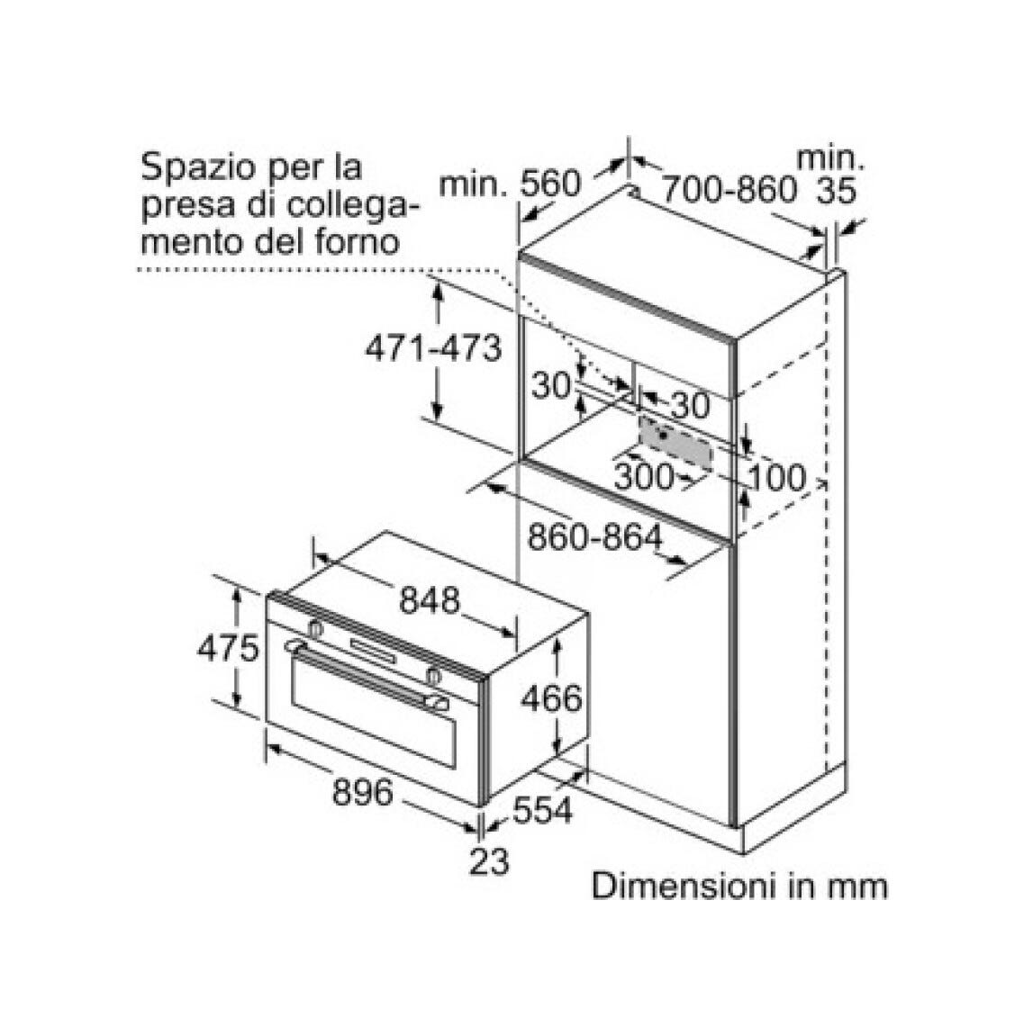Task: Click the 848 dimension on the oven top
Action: pos(430,600)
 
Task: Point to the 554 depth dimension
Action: pos(542,810)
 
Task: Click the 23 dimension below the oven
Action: pos(490,861)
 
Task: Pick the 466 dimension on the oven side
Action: pos(552,698)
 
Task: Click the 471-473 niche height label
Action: pos(433,348)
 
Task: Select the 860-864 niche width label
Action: pos(594,537)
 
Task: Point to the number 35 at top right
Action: pos(837,190)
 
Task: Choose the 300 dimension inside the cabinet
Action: pos(643,476)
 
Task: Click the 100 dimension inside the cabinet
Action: pos(777,477)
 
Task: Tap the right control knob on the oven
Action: pos(434,675)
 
